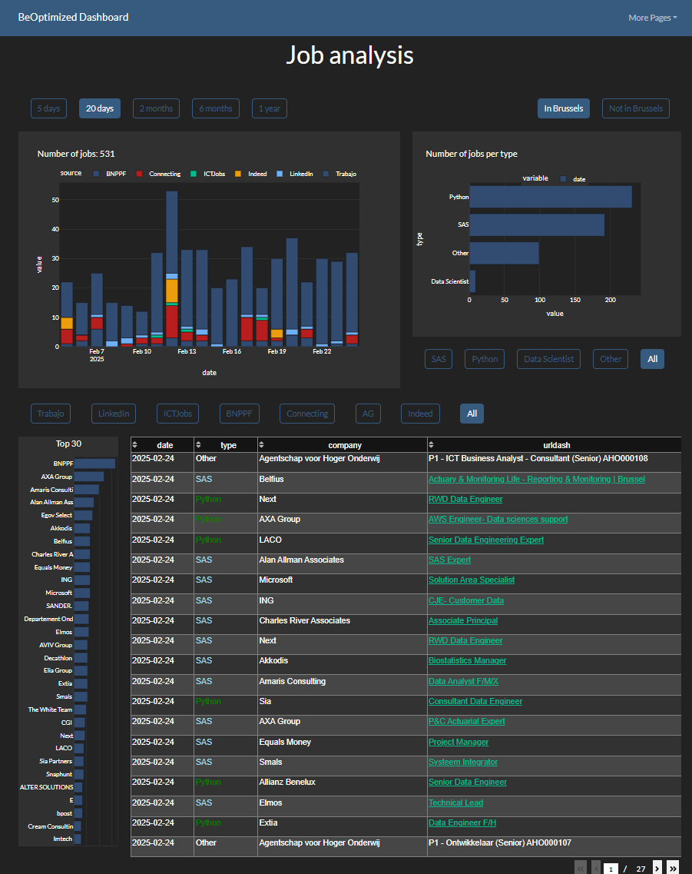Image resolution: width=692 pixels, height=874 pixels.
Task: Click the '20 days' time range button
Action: pyautogui.click(x=99, y=108)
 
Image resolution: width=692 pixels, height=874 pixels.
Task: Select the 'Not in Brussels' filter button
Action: pyautogui.click(x=635, y=108)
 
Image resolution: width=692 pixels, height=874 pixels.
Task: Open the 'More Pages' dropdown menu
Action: pyautogui.click(x=652, y=18)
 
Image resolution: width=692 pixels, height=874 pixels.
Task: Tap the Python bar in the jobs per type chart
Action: pyautogui.click(x=550, y=197)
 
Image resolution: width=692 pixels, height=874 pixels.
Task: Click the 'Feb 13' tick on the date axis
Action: pyautogui.click(x=187, y=351)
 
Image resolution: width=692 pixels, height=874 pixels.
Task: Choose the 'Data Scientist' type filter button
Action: pyautogui.click(x=548, y=358)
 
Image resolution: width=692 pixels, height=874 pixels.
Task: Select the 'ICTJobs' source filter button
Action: pyautogui.click(x=177, y=414)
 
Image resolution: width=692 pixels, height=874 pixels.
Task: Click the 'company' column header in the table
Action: pyautogui.click(x=344, y=445)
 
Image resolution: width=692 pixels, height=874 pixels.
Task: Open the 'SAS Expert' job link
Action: pyautogui.click(x=449, y=560)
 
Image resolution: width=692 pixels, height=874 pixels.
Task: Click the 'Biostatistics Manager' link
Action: pyautogui.click(x=467, y=660)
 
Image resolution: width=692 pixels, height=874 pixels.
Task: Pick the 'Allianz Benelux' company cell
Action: pyautogui.click(x=287, y=782)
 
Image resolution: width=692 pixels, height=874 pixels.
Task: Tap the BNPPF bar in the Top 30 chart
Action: pyautogui.click(x=94, y=464)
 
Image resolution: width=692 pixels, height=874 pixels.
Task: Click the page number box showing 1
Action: pyautogui.click(x=611, y=868)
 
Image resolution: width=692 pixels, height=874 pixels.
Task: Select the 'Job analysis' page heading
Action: pyautogui.click(x=349, y=55)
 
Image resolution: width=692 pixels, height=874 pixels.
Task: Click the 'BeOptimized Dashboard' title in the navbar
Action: pyautogui.click(x=73, y=17)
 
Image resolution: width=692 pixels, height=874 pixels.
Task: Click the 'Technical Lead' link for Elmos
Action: pyautogui.click(x=455, y=803)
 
